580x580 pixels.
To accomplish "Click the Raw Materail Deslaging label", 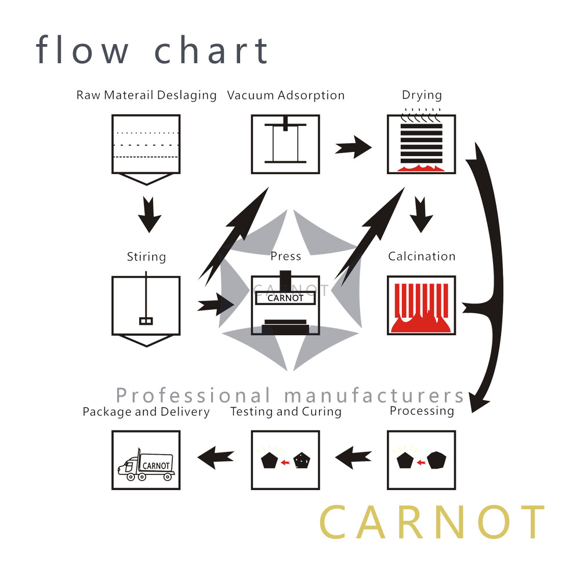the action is pos(146,95).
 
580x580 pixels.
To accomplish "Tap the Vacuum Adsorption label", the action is pos(286,95).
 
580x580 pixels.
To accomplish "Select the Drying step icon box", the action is pos(422,144).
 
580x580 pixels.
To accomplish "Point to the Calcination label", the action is pos(422,256).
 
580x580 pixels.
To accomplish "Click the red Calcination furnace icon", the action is pos(422,306).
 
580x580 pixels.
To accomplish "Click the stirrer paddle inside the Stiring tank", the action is pos(146,320).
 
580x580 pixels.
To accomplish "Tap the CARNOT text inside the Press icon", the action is pos(285,298).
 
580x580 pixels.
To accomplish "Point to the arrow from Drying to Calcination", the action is pos(421,215).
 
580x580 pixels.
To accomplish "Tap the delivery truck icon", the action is pos(146,464).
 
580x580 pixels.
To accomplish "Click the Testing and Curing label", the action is pos(285,412).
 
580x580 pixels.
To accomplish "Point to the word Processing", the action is pos(422,411).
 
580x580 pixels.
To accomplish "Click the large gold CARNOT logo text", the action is pos(432,523).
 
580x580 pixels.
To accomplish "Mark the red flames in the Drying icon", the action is pos(422,168).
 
